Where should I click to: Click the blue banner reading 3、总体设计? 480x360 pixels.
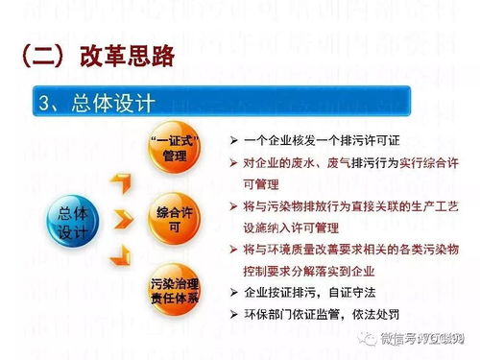(x=221, y=101)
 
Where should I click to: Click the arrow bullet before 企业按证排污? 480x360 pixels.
(x=233, y=293)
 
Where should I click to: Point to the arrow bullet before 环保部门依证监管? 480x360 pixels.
(x=233, y=314)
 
